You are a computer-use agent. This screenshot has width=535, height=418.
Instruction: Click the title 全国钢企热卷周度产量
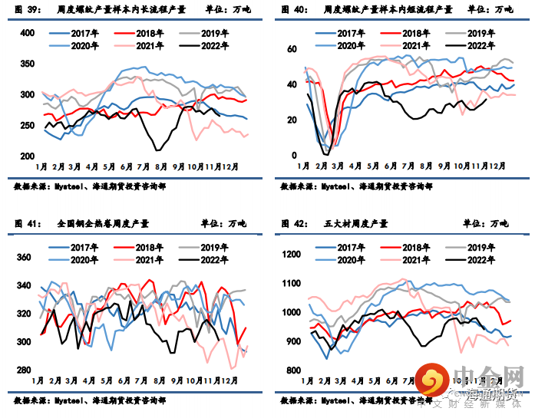click(x=103, y=224)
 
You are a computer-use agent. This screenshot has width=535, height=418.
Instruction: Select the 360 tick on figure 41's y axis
click(x=25, y=258)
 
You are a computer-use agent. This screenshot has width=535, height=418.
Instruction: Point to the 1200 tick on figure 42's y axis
click(x=291, y=255)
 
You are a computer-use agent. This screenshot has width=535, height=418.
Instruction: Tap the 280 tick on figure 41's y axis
click(x=25, y=370)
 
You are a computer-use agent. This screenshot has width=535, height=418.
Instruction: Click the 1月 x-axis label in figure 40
click(x=302, y=166)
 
